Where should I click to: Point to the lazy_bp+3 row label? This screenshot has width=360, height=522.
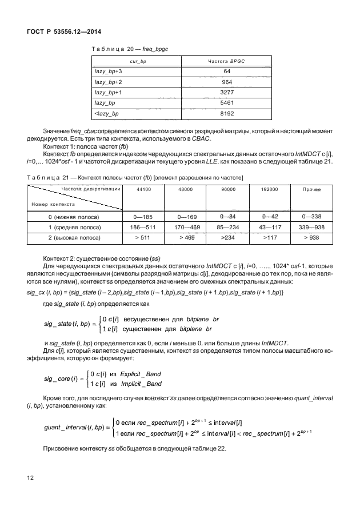pos(109,71)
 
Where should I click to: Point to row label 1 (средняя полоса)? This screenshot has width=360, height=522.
pos(74,227)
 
